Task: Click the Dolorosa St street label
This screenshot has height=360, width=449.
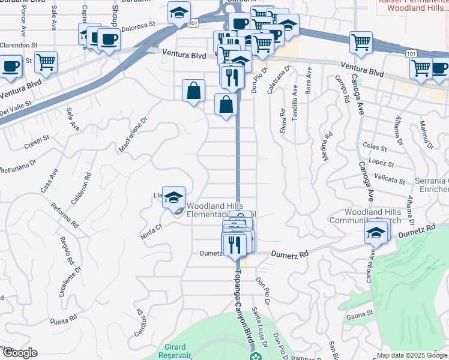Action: coord(139,27)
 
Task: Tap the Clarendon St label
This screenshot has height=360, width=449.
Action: coord(19,45)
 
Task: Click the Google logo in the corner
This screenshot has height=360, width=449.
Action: coord(20,353)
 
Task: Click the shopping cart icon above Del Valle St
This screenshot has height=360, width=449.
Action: coord(46,61)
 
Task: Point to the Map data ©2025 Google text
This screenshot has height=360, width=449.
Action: coord(412,355)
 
